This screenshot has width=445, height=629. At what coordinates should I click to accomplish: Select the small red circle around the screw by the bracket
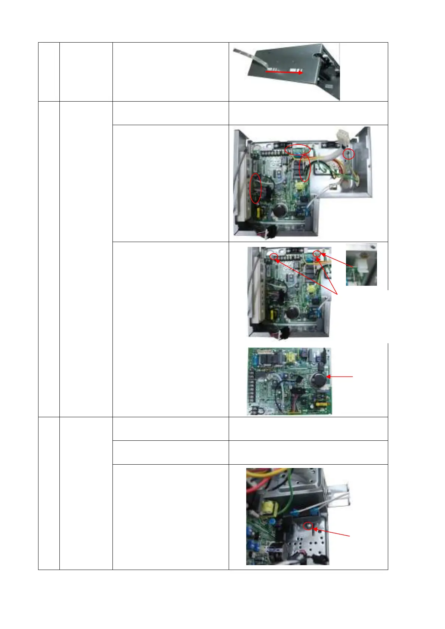click(x=348, y=154)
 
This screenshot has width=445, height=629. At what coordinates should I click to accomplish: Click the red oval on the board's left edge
click(x=256, y=189)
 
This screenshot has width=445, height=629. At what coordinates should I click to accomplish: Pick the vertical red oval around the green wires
click(x=305, y=169)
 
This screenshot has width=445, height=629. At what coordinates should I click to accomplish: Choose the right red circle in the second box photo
click(x=317, y=254)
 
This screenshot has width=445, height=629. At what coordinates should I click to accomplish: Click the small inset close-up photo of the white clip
click(x=361, y=264)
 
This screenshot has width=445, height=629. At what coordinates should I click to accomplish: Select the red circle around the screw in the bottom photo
click(x=308, y=526)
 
